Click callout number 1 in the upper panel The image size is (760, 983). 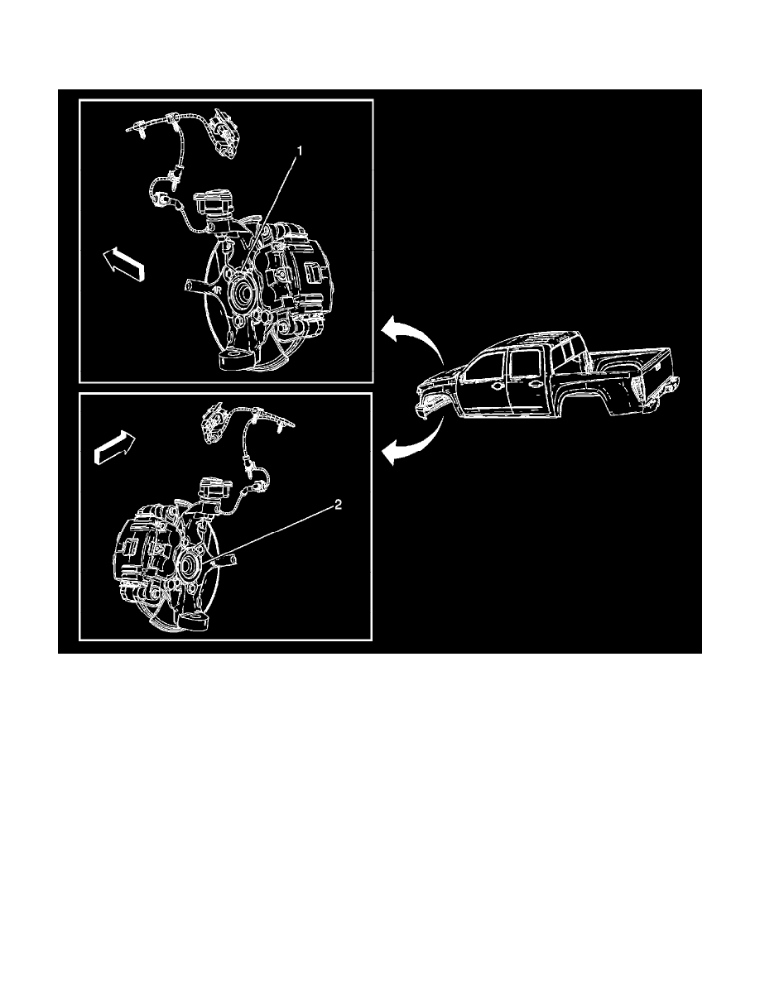coord(300,151)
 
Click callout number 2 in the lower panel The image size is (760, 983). coord(338,506)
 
